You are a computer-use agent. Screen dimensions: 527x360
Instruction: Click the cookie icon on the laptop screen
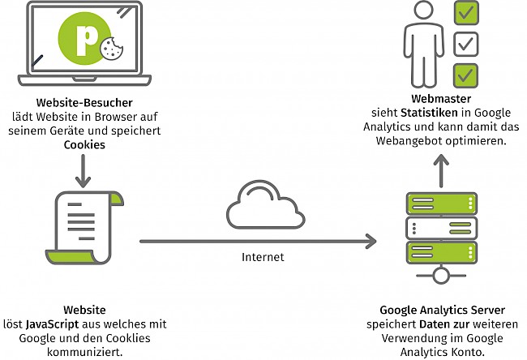[x=112, y=49]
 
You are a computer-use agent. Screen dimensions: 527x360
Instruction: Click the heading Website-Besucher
[x=84, y=102]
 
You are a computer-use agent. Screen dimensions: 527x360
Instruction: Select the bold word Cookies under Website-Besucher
[x=84, y=144]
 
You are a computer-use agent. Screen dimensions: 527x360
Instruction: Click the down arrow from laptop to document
[x=83, y=171]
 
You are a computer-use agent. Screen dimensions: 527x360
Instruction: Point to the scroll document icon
[x=84, y=228]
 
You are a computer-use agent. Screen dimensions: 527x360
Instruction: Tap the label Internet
[x=263, y=257]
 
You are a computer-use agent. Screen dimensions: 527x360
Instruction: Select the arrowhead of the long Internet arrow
[x=371, y=242]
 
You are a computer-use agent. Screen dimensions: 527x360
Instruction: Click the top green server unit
[x=441, y=204]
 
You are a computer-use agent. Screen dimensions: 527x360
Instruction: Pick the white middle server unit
[x=441, y=228]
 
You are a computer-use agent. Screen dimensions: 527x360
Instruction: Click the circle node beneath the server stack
[x=441, y=276]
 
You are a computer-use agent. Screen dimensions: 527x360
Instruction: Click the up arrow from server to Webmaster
[x=441, y=170]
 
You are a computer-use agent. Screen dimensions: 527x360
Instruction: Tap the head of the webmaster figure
[x=423, y=10]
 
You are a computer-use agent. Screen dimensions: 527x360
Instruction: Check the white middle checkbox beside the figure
[x=466, y=44]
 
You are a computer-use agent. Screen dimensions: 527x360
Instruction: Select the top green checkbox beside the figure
[x=466, y=13]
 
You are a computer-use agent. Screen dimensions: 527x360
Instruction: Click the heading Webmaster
[x=441, y=99]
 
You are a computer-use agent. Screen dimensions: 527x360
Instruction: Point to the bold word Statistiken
[x=429, y=113]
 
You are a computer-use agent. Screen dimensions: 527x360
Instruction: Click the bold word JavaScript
[x=52, y=324]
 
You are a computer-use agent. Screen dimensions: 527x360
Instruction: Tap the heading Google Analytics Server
[x=443, y=310]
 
